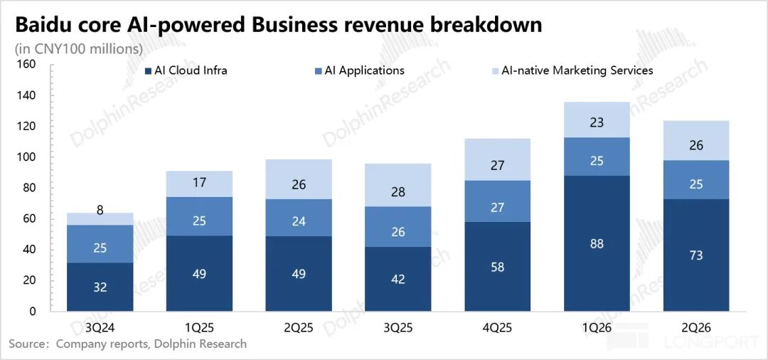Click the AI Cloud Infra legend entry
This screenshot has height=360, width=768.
click(x=186, y=70)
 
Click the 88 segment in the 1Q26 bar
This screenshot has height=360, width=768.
click(x=597, y=243)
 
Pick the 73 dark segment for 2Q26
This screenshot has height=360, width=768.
click(x=696, y=255)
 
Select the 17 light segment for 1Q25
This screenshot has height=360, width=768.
click(x=199, y=184)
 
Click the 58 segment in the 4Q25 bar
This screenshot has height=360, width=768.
click(x=497, y=267)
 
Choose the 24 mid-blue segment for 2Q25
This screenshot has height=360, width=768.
click(x=299, y=218)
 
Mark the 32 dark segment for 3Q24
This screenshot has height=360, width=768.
click(x=100, y=287)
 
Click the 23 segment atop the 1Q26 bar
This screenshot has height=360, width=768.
click(x=597, y=120)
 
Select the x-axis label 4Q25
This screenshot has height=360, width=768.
click(x=497, y=327)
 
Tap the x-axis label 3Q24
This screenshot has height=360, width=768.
click(x=100, y=327)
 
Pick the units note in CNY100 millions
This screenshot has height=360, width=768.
click(x=79, y=49)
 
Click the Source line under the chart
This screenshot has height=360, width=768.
click(x=127, y=344)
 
